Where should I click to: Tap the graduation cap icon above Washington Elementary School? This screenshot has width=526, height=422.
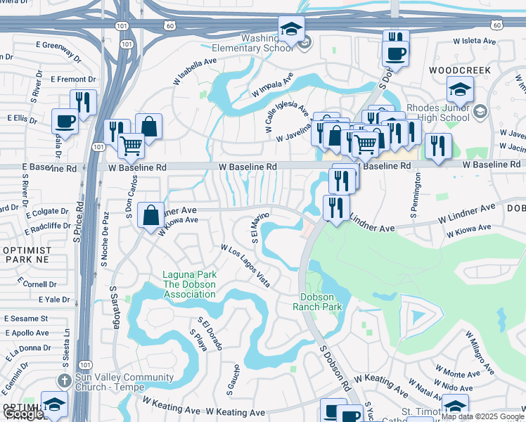click(x=291, y=30)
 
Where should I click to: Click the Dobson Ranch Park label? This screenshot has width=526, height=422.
click(x=321, y=302)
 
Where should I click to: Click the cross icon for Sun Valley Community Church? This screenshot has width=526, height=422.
click(x=65, y=381)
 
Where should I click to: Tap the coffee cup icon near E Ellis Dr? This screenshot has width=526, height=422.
click(x=65, y=120)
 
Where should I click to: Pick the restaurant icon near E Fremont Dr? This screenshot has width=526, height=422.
click(x=83, y=102)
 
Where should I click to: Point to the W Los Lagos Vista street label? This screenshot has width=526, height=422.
click(x=245, y=266)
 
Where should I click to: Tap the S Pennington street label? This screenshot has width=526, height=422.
click(x=416, y=195)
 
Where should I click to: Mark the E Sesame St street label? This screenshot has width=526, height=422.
click(x=25, y=318)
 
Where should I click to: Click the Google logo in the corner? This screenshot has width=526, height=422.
click(x=23, y=414)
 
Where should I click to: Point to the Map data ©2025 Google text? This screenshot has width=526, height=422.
click(x=482, y=416)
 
